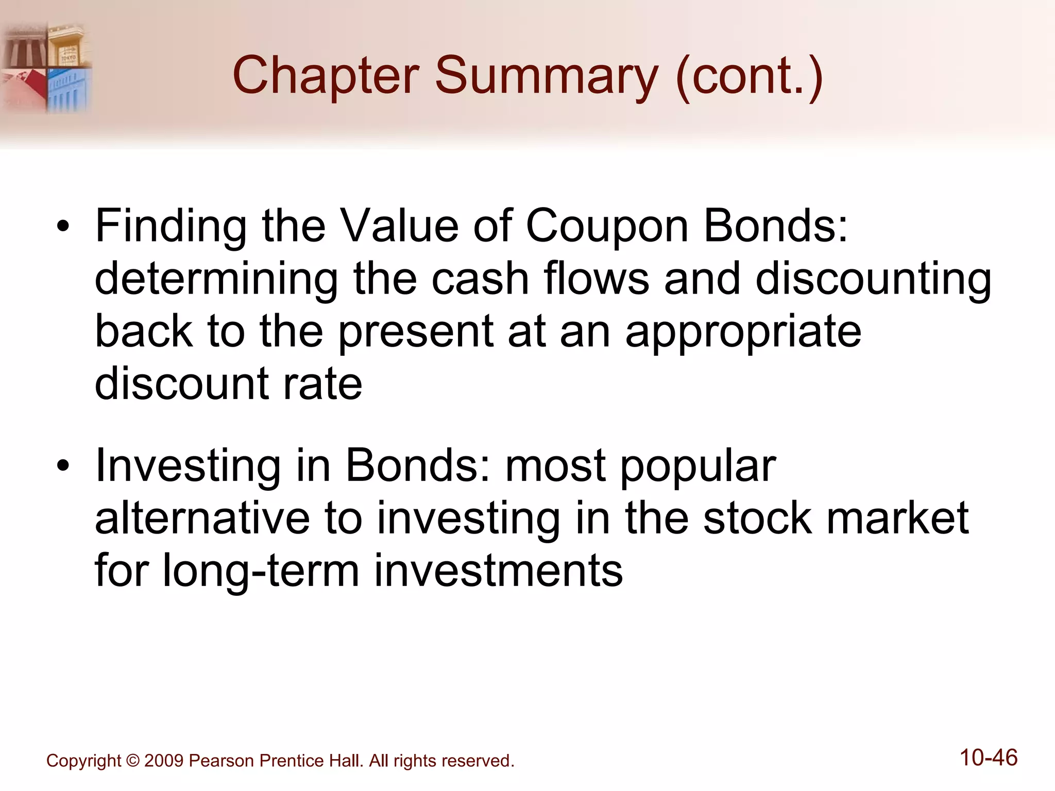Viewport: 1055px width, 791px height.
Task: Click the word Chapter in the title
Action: click(326, 76)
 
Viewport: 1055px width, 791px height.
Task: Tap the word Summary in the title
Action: click(547, 76)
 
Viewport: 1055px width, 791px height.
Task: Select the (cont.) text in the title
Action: click(749, 76)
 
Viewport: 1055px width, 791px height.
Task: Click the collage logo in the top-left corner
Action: click(46, 67)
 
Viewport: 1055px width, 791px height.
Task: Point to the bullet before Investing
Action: click(63, 466)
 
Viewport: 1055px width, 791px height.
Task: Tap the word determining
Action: click(217, 279)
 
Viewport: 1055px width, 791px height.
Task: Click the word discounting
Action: click(873, 279)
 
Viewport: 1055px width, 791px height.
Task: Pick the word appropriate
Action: click(743, 332)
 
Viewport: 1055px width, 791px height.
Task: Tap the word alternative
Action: click(202, 519)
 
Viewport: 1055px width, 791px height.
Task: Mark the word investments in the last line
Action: click(498, 571)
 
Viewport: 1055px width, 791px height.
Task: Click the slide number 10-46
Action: click(989, 758)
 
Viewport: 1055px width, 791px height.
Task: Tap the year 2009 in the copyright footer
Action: click(163, 761)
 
